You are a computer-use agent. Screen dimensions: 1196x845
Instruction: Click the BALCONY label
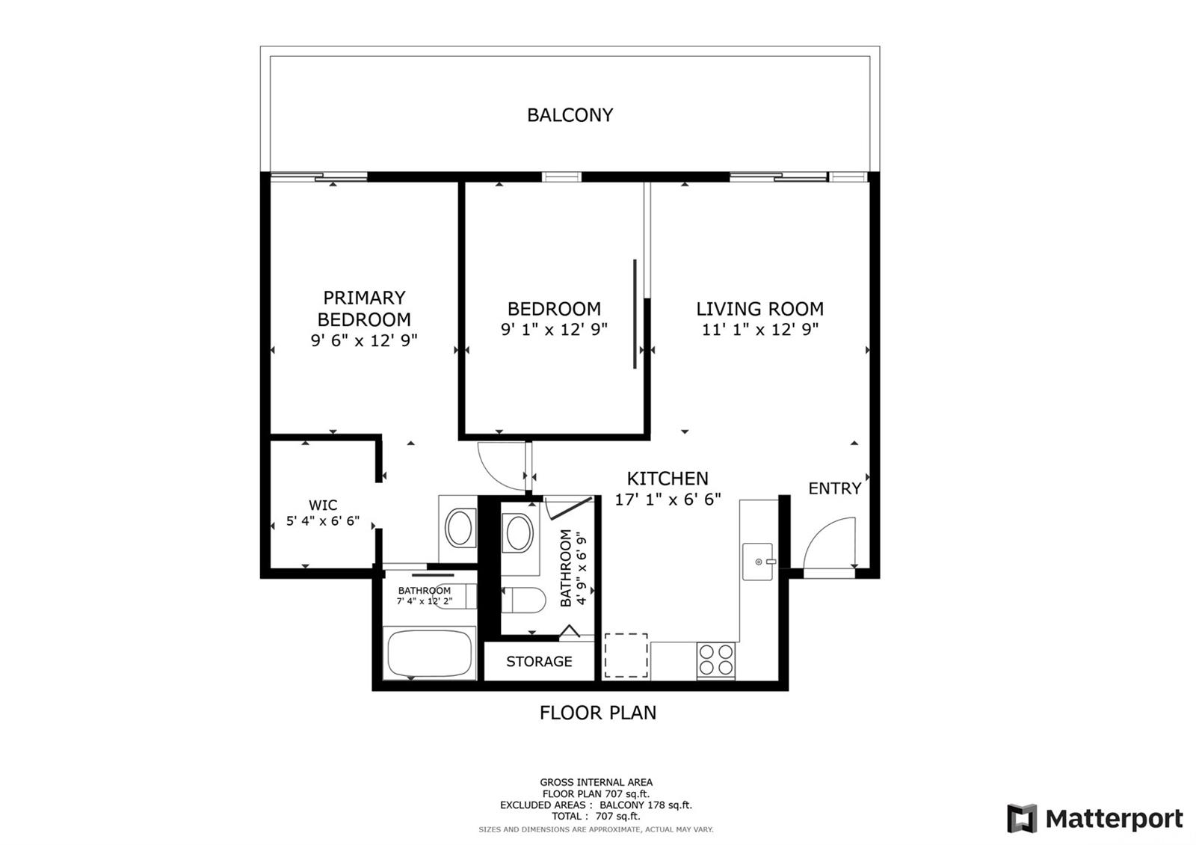coord(570,115)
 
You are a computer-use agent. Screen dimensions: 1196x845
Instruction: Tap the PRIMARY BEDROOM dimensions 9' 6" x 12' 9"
coord(364,340)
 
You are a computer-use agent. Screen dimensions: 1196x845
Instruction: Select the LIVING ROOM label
coord(759,309)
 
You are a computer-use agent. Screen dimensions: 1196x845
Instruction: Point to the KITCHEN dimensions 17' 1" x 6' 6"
coord(668,500)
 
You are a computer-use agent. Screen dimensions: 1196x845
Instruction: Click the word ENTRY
coord(834,488)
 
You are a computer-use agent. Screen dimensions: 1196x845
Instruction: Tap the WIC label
coord(323,505)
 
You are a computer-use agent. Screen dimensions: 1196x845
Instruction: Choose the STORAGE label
coord(539,661)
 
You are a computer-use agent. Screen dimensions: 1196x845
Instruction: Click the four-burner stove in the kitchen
coord(716,660)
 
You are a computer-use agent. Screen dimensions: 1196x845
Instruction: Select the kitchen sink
coord(758,562)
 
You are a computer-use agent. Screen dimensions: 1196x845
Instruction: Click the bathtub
coord(430,654)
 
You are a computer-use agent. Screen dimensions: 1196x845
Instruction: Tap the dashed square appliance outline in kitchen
coord(626,655)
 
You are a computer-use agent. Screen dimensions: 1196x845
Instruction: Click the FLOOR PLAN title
coord(598,713)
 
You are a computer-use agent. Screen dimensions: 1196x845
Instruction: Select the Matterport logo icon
coord(1022,818)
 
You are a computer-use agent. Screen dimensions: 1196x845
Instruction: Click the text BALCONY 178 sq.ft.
coord(646,805)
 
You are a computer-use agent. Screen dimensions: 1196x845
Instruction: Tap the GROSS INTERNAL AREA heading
coord(596,782)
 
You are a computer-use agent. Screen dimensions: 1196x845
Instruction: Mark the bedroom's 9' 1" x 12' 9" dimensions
coord(554,329)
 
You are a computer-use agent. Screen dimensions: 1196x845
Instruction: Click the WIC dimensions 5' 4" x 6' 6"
coord(323,520)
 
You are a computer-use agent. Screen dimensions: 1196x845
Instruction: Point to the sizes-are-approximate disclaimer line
coord(596,829)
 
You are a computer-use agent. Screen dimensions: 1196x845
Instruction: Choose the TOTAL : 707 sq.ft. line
coord(596,816)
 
